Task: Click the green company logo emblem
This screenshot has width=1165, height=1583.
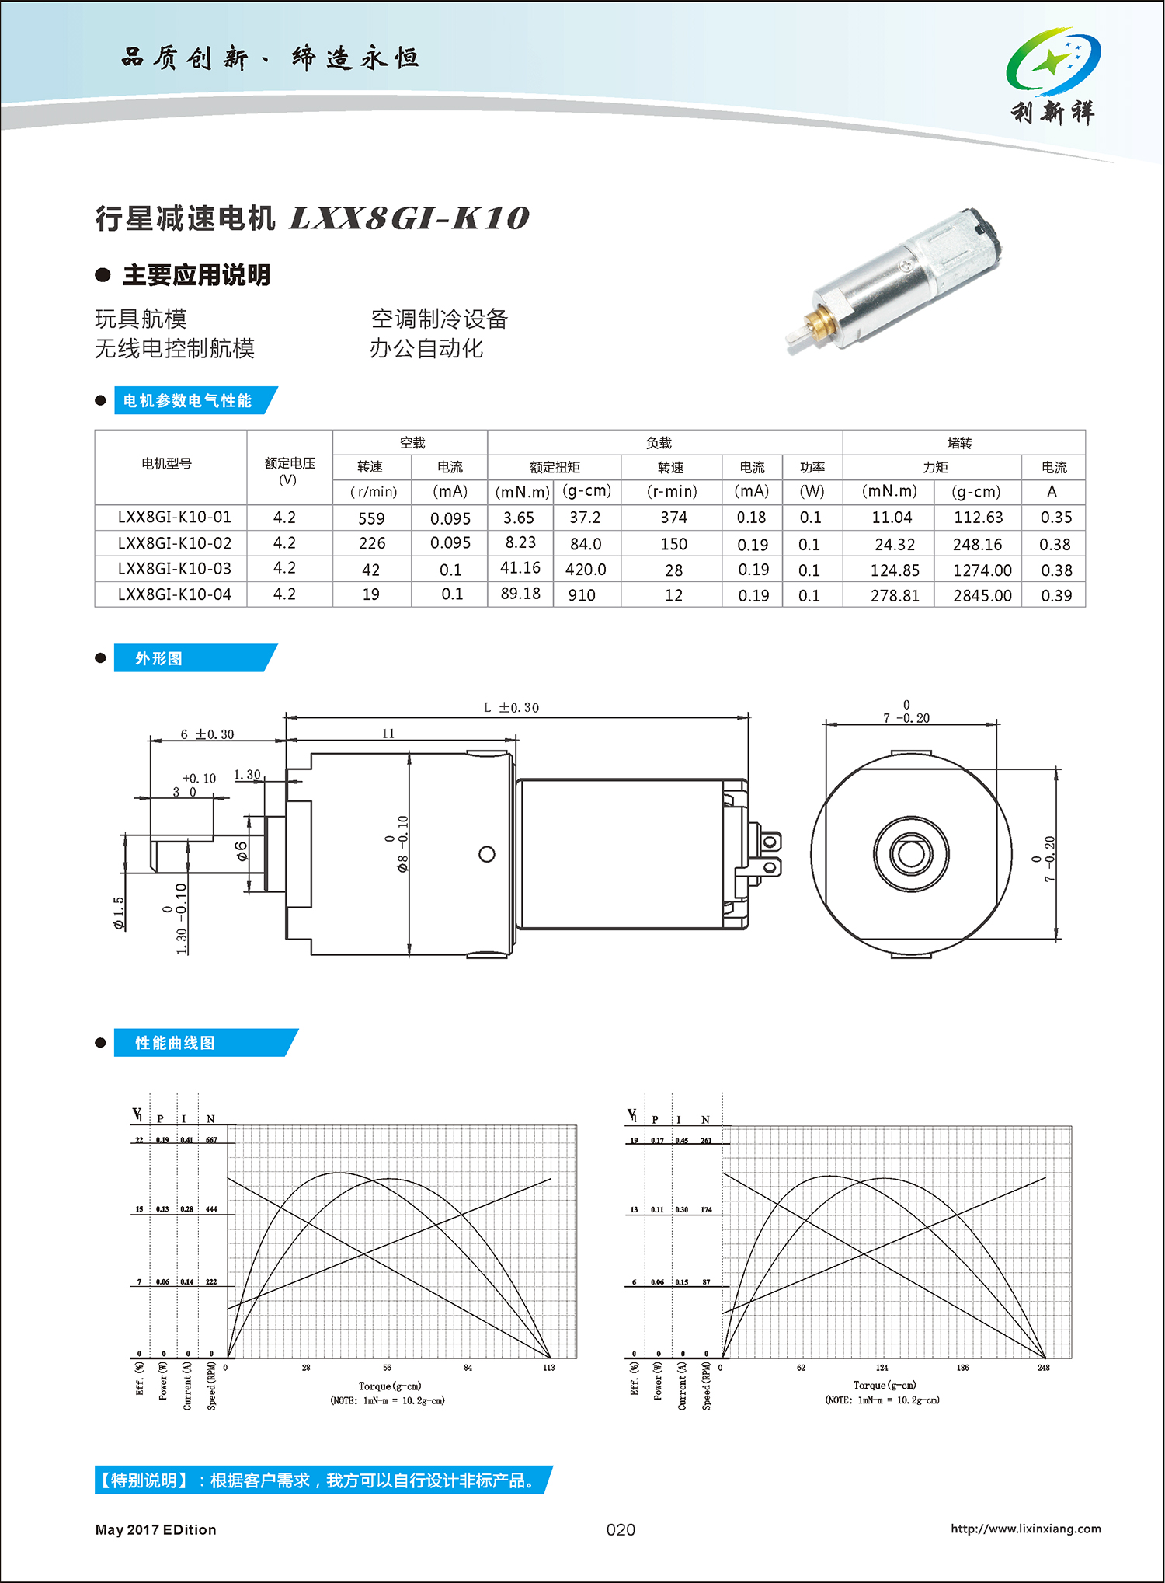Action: click(x=1052, y=61)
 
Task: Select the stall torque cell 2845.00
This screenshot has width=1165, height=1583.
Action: click(x=982, y=595)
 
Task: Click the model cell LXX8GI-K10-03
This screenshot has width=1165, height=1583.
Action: click(x=175, y=569)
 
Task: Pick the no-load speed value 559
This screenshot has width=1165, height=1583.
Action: click(x=371, y=518)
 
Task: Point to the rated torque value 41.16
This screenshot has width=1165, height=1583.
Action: click(x=520, y=568)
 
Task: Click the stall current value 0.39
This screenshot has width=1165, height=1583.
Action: click(x=1056, y=595)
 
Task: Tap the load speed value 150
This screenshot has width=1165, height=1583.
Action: click(x=673, y=544)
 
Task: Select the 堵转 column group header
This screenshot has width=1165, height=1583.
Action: click(x=959, y=443)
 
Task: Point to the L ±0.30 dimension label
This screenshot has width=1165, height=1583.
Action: click(x=510, y=707)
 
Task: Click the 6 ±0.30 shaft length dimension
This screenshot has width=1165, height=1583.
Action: click(x=207, y=734)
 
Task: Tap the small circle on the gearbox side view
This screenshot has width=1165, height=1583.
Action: click(x=487, y=854)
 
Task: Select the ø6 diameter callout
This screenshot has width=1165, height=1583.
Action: click(x=242, y=851)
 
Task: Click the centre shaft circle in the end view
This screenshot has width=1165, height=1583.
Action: click(x=910, y=853)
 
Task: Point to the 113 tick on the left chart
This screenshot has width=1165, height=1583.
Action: click(x=549, y=1368)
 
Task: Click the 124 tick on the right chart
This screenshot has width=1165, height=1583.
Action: click(x=882, y=1368)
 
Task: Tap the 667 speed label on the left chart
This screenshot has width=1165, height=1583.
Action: click(x=211, y=1140)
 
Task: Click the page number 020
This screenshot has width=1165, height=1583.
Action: click(x=621, y=1529)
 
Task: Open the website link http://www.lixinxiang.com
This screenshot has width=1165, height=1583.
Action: click(x=1025, y=1529)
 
